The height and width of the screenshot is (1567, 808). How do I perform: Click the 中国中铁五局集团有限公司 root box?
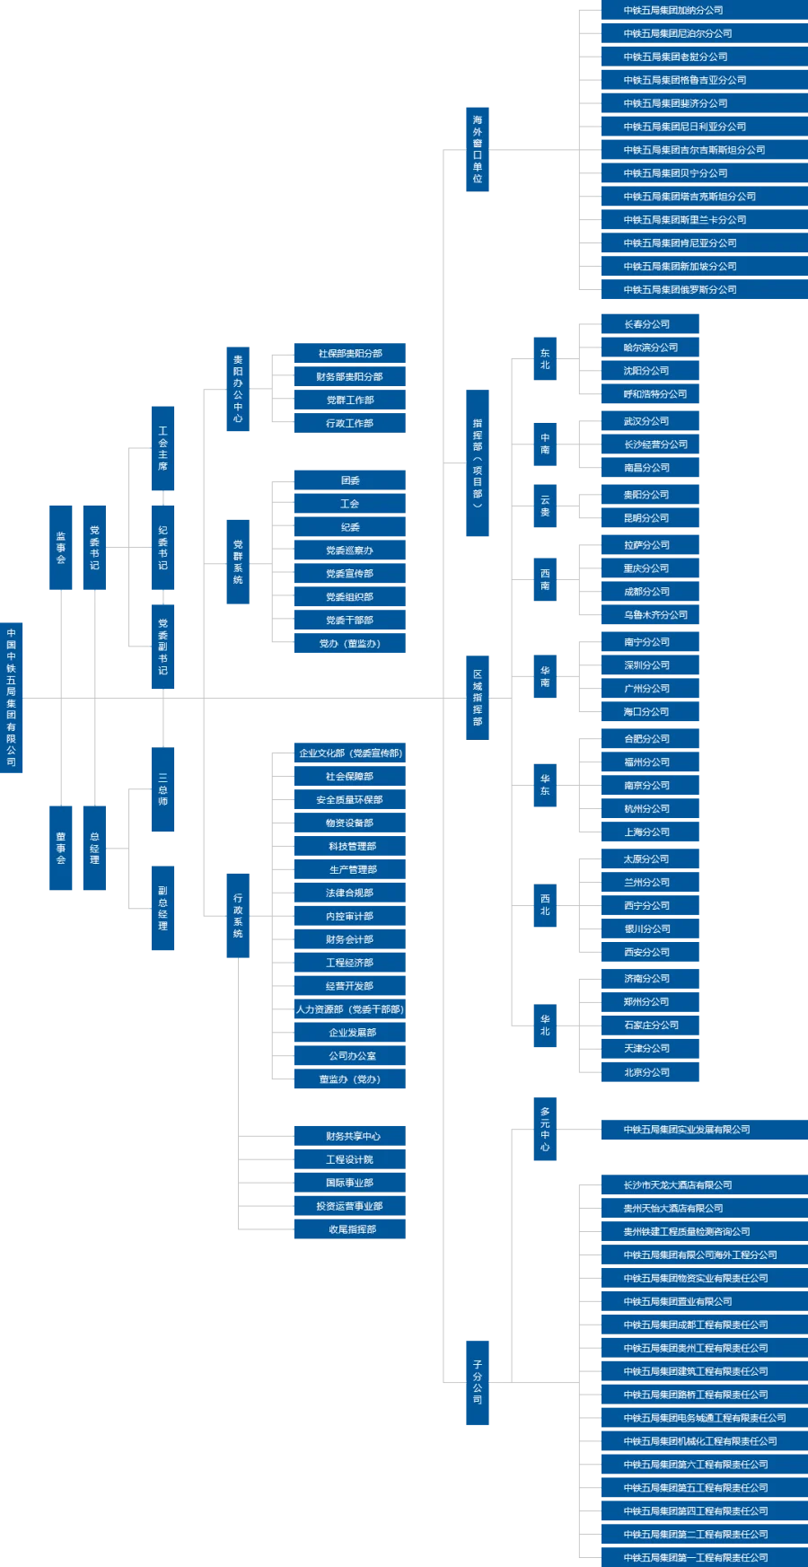(x=13, y=697)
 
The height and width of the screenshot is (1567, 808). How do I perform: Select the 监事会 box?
(x=59, y=549)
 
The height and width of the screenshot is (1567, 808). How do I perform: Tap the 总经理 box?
(x=94, y=847)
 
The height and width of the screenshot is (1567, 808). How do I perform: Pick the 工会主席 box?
(x=163, y=448)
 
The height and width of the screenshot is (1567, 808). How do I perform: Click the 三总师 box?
(x=163, y=788)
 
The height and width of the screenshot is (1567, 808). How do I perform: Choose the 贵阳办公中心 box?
(x=237, y=391)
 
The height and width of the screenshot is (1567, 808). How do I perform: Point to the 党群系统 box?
(x=237, y=563)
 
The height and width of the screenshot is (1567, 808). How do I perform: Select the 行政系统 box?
(x=237, y=915)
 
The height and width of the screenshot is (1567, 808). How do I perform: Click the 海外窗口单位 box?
(x=478, y=147)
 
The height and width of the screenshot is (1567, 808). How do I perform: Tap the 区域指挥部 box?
(x=478, y=697)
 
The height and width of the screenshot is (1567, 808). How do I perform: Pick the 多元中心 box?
(x=545, y=1129)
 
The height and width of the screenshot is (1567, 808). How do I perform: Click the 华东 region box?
(x=545, y=786)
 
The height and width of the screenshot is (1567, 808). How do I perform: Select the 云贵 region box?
(x=545, y=506)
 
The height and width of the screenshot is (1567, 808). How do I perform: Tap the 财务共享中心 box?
(x=348, y=1136)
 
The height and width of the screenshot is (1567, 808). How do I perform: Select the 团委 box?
(x=348, y=480)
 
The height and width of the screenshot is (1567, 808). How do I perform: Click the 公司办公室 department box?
(x=348, y=1056)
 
